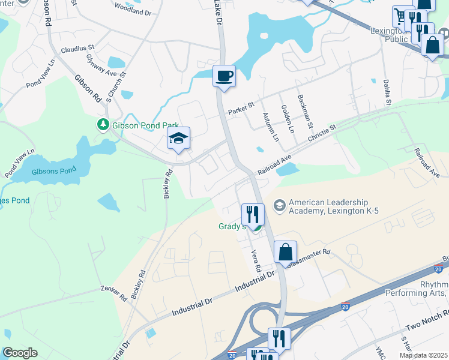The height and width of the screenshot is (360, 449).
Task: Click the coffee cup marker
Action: click(224, 76)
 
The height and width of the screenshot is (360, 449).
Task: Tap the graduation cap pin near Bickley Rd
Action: click(178, 139)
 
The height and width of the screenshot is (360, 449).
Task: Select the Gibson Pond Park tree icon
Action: click(103, 124)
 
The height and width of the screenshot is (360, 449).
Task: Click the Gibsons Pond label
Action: click(54, 171)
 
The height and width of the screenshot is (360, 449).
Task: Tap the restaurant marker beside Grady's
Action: click(253, 214)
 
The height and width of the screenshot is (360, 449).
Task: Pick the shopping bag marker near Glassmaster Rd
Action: click(286, 251)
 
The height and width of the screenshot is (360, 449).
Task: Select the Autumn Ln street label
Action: click(271, 128)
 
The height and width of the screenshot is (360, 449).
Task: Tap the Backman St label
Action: click(305, 110)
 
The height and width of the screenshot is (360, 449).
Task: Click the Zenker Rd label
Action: click(115, 292)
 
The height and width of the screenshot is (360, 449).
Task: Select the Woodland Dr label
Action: click(132, 10)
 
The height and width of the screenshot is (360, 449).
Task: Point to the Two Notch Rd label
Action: click(427, 321)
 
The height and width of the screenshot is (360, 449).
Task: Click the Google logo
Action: click(20, 353)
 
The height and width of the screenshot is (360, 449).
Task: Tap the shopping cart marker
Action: click(400, 16)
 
